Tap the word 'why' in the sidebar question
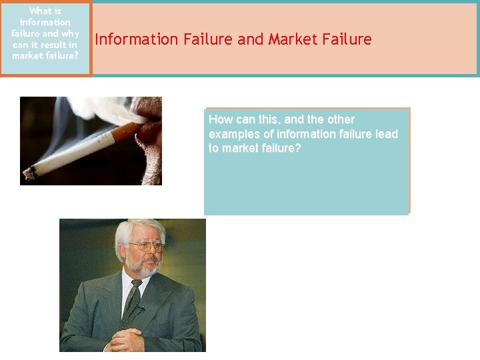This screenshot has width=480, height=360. point(69,33)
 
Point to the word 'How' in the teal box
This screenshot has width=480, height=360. point(220,120)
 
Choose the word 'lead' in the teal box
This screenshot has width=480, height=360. point(387,134)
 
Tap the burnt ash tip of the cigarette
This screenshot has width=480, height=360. point(29,175)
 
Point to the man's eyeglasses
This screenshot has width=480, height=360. point(145,247)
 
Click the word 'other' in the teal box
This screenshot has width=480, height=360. point(341,120)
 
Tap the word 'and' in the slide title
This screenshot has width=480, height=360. point(251,39)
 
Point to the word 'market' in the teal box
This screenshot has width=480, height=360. point(240,148)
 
